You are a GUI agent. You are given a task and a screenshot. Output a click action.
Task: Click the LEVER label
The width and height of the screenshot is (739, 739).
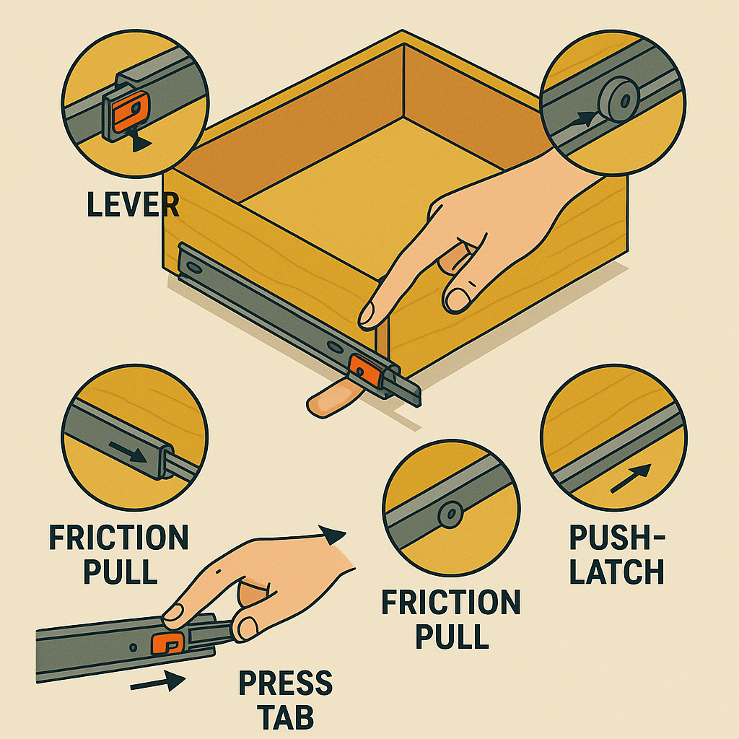[132, 204]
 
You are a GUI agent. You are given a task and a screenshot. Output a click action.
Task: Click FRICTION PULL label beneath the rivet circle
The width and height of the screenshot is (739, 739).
[450, 618]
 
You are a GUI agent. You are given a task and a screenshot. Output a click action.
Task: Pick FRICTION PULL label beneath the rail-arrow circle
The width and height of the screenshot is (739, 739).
[118, 554]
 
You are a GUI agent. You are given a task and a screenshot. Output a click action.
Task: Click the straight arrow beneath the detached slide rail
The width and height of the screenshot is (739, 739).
[157, 681]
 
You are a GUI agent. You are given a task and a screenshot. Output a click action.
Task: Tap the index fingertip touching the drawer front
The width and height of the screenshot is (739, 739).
[367, 314]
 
